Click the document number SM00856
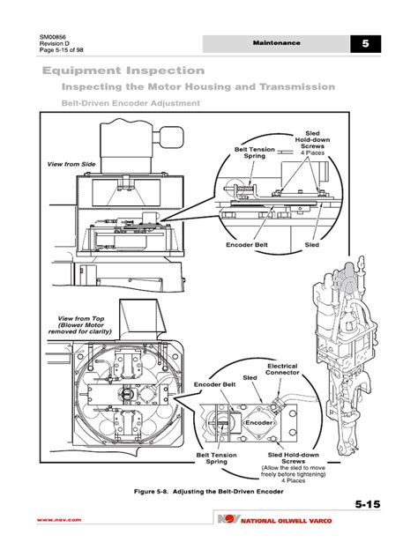[54, 36]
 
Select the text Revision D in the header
[55, 44]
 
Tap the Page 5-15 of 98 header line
[62, 52]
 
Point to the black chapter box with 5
[364, 45]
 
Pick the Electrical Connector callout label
[282, 368]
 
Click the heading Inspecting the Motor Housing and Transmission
[197, 87]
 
